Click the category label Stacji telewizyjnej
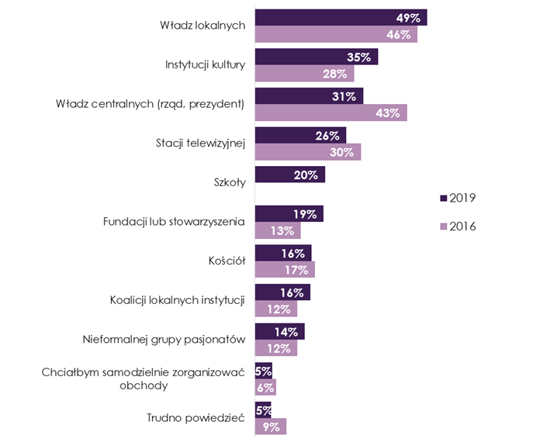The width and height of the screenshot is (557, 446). (x=200, y=143)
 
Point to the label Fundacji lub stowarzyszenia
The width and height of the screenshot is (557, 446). (x=174, y=222)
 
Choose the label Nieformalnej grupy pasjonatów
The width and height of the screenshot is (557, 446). (x=164, y=339)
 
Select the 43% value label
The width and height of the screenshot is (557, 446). (x=387, y=113)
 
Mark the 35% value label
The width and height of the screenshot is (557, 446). (x=360, y=57)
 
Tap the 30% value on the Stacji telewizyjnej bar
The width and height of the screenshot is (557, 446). (x=342, y=153)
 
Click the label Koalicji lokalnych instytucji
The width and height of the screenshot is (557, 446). (x=178, y=299)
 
